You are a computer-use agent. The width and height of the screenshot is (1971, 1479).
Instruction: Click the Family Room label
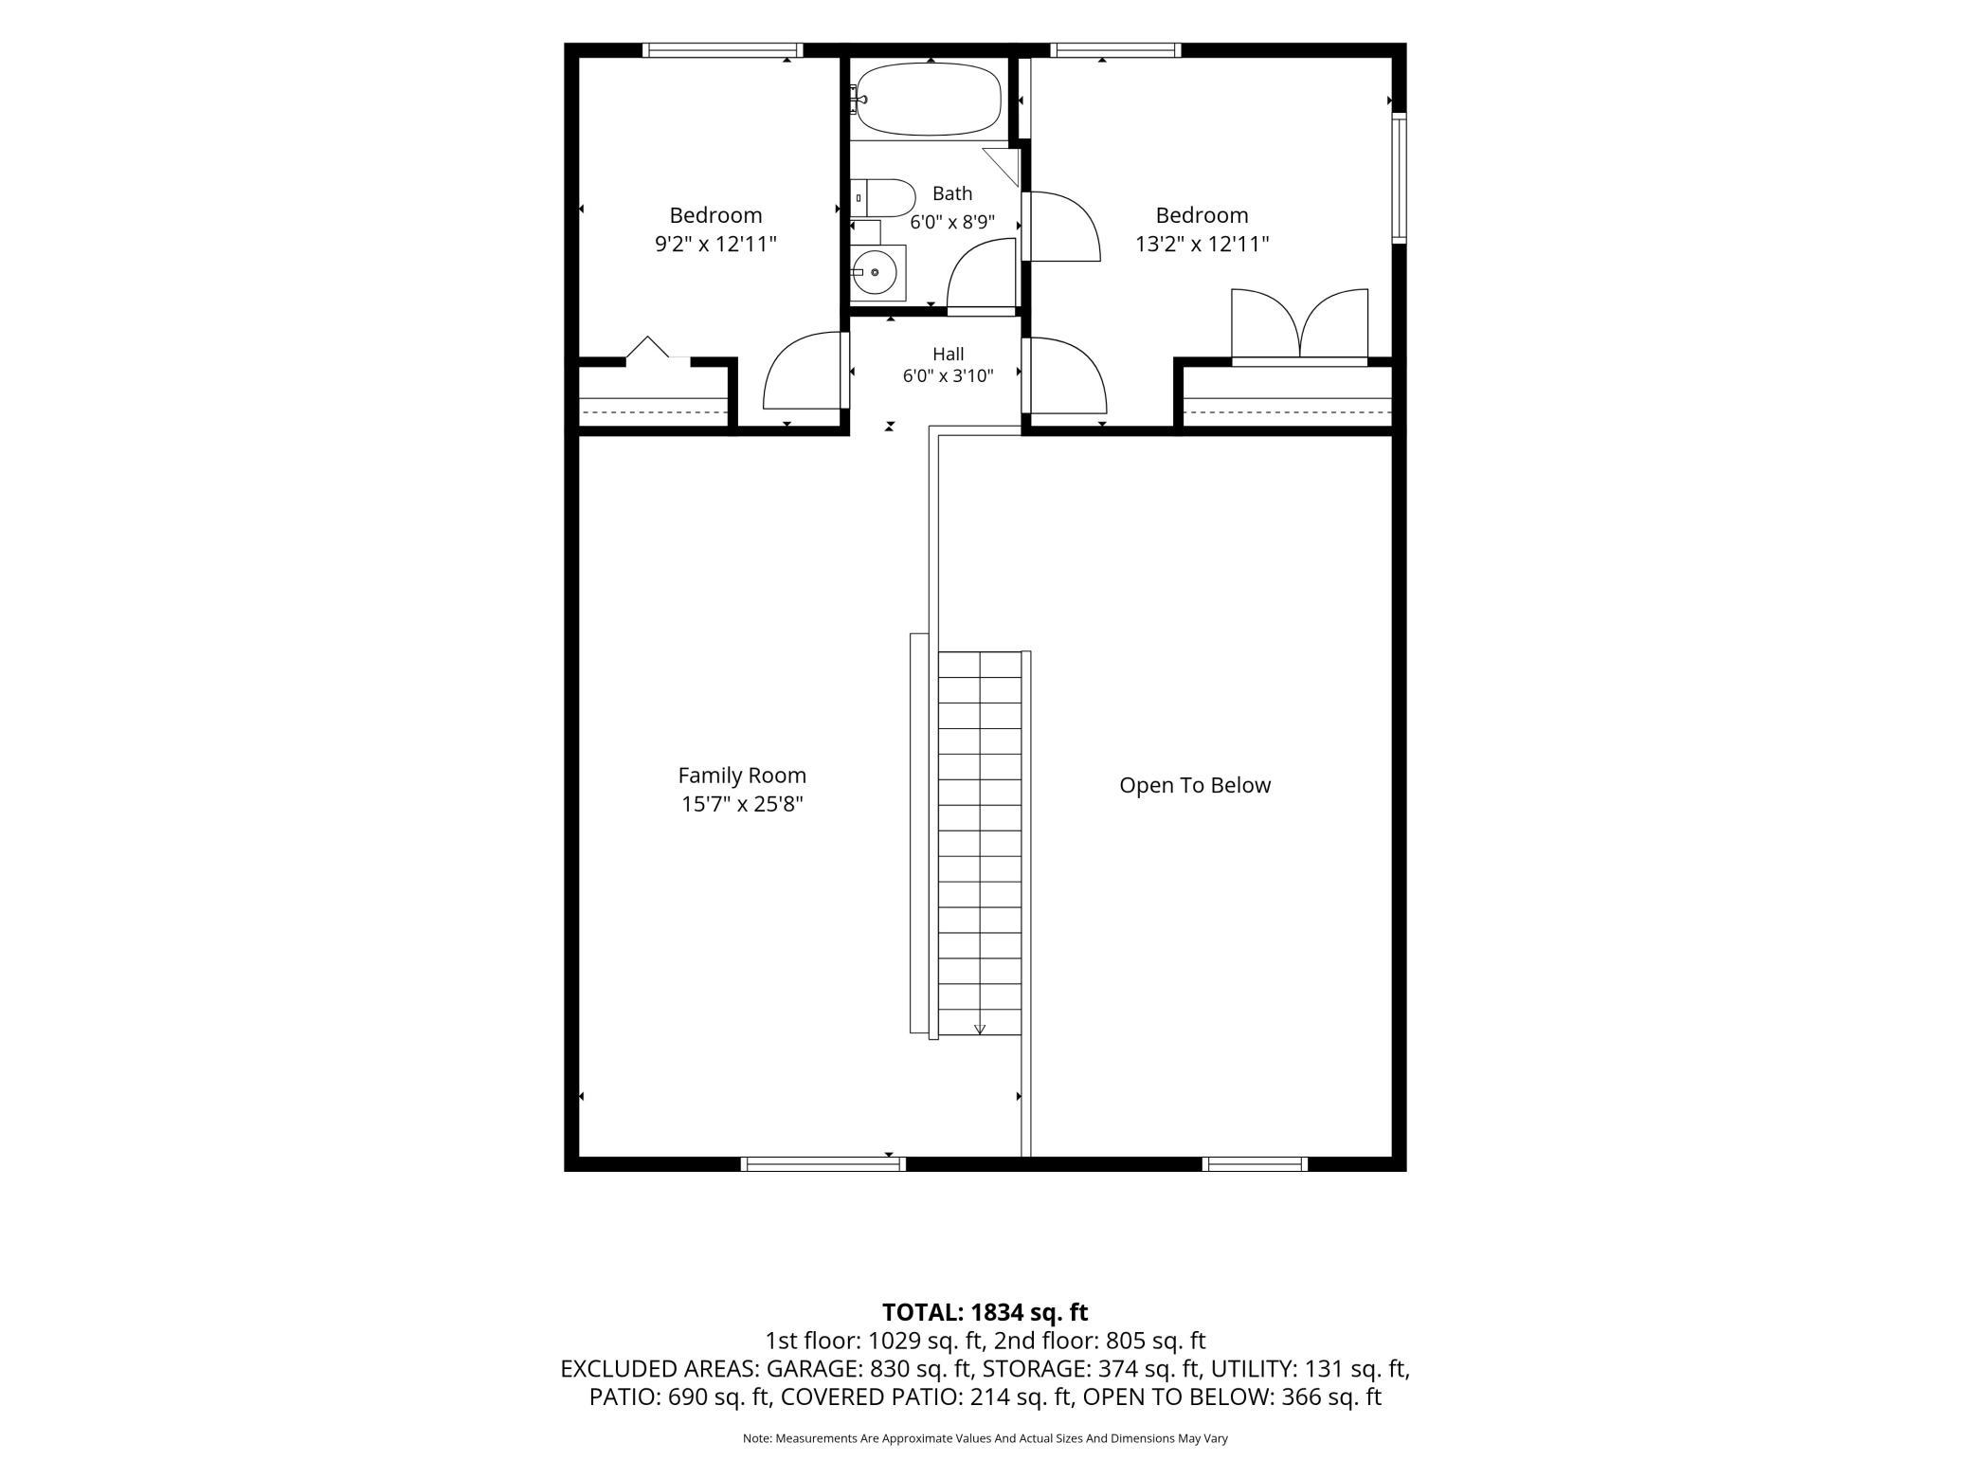pos(742,776)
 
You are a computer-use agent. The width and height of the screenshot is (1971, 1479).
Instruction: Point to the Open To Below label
pos(1195,785)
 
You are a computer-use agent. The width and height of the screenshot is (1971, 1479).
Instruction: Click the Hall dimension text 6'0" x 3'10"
pos(948,376)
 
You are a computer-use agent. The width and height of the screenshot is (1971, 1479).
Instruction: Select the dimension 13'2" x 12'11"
pos(1202,245)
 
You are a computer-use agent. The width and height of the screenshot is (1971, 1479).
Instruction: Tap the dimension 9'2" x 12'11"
pos(715,245)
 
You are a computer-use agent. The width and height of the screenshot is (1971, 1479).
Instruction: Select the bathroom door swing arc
pos(982,275)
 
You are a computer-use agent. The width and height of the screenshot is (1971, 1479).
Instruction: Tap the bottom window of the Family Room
pos(823,1164)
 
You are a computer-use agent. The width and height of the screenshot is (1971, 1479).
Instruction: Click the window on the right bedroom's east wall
pos(1399,177)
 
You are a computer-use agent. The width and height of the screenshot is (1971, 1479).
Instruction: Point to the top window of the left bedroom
pos(722,50)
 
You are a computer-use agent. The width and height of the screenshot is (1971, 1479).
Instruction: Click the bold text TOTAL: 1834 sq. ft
pos(985,1312)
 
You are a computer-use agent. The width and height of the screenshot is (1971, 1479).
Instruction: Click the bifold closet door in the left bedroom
pos(648,347)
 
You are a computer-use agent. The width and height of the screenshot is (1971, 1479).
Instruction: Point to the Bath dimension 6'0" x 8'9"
pos(952,223)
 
